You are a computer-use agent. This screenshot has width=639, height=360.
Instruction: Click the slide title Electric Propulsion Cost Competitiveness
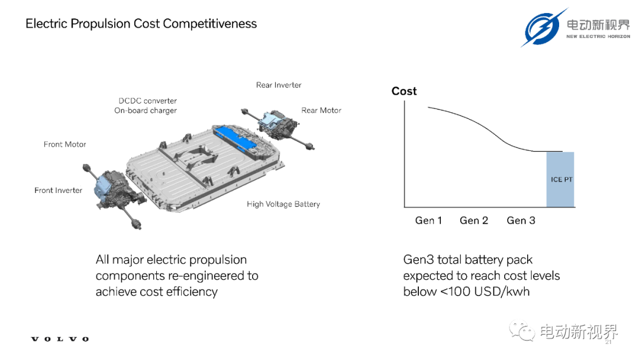tap(141, 24)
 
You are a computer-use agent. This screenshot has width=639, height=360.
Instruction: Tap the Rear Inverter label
tap(279, 85)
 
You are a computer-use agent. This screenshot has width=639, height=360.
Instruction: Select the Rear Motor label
tap(321, 110)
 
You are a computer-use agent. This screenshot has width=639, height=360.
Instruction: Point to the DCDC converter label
tap(147, 101)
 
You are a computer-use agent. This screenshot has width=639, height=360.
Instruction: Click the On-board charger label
tap(146, 111)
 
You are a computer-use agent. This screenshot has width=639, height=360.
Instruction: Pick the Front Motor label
tap(65, 144)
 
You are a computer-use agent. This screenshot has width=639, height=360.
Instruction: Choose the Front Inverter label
tap(58, 191)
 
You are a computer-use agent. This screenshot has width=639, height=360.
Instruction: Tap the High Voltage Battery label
tap(283, 204)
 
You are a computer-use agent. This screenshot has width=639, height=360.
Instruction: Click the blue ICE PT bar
tap(560, 179)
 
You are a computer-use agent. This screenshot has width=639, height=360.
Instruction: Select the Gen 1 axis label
tap(428, 221)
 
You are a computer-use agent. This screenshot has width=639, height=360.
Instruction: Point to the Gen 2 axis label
tap(474, 221)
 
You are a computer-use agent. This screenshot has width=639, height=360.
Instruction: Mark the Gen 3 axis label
tap(521, 221)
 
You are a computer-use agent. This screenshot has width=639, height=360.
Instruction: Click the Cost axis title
tap(404, 91)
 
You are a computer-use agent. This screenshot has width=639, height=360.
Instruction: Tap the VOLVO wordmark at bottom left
tap(60, 339)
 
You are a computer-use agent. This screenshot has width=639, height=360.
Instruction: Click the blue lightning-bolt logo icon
tap(543, 28)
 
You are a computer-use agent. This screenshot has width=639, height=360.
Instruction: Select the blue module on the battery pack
tap(235, 139)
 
